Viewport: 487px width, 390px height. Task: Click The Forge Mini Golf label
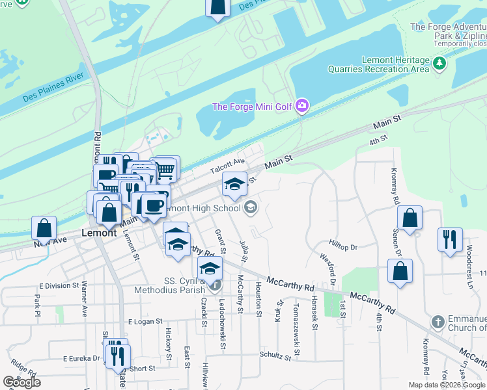point(252,107)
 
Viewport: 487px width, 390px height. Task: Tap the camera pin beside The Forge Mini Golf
point(301,106)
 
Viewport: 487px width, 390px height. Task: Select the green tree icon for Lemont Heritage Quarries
point(440,63)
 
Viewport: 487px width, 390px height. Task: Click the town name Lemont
point(99,232)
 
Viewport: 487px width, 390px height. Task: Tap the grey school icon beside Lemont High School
point(250,208)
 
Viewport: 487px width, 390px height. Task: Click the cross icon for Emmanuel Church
point(438,322)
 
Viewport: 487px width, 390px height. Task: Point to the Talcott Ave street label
point(227,166)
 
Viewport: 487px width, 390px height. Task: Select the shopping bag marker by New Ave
point(44,228)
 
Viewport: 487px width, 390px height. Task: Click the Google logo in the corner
point(21,382)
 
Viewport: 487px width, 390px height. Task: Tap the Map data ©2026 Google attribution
point(447,385)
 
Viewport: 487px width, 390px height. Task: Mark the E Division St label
point(58,285)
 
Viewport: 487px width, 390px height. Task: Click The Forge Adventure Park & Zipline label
point(449,31)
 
